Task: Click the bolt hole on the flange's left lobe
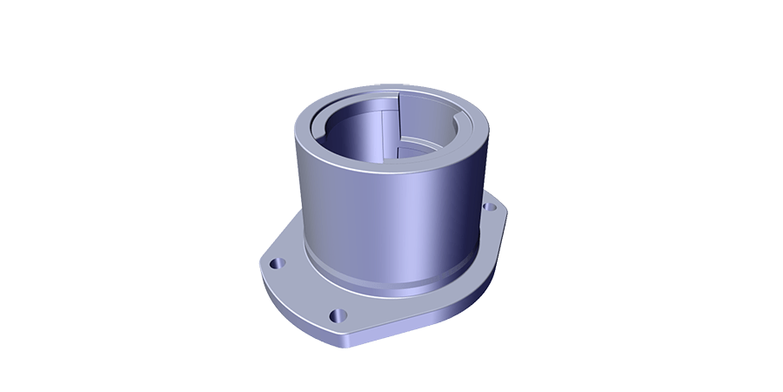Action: click(277, 261)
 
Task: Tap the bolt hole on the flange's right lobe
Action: click(489, 207)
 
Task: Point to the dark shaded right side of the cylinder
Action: click(470, 209)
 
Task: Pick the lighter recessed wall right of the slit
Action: click(426, 131)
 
